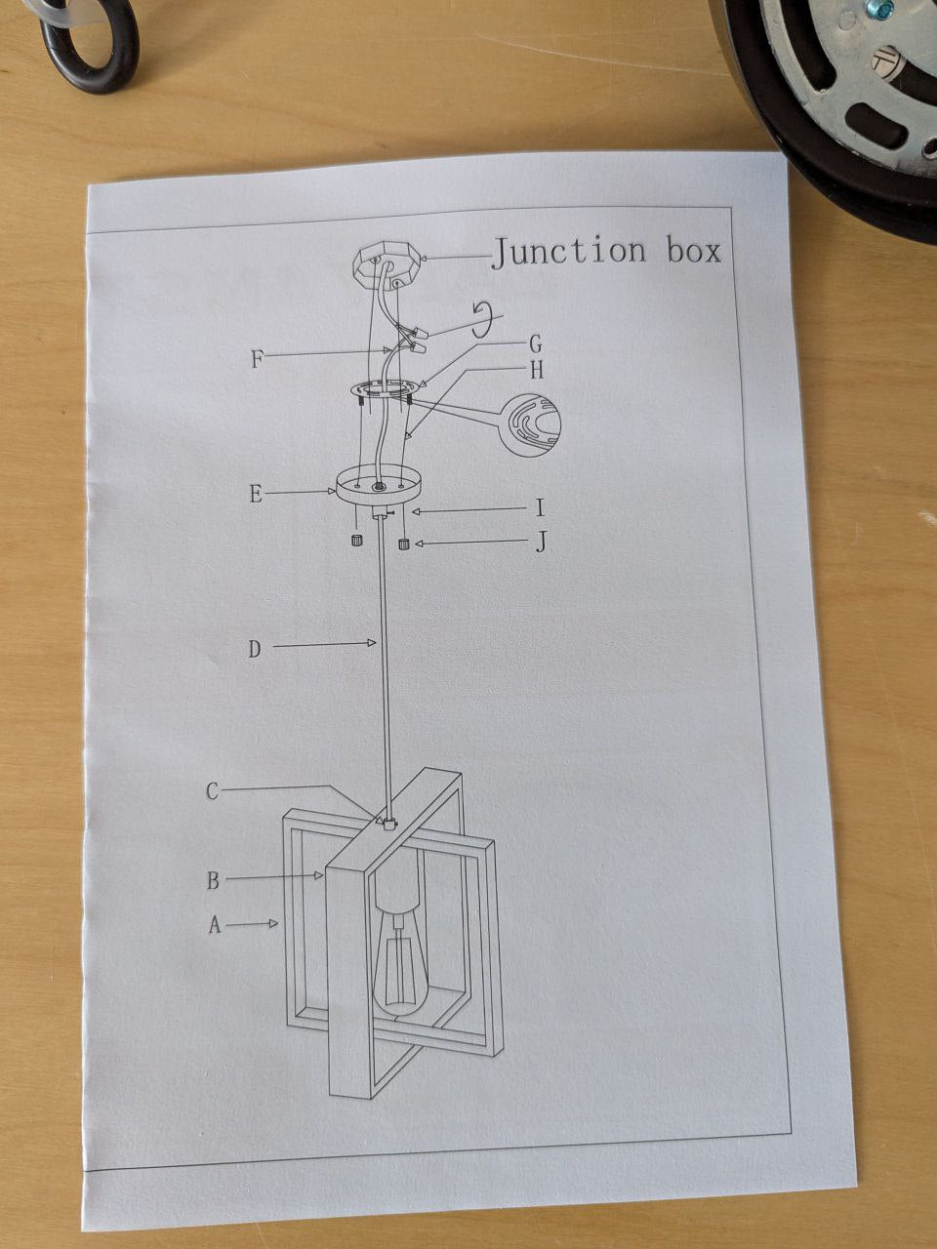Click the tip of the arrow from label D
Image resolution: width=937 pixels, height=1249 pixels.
(376, 642)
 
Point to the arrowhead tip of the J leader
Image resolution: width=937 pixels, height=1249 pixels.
(415, 544)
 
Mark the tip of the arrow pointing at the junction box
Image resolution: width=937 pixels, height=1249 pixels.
(423, 260)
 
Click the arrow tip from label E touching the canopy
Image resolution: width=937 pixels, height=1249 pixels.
(335, 491)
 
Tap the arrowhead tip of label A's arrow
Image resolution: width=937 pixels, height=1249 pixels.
(278, 922)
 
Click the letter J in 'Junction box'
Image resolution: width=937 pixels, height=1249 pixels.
(502, 253)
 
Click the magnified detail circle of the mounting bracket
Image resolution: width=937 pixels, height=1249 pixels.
(531, 424)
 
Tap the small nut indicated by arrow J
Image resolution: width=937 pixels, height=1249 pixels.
(404, 544)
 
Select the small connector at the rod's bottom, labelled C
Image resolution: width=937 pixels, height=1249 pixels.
(389, 824)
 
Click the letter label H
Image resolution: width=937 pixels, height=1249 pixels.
(537, 370)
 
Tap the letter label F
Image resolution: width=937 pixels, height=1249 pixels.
(257, 359)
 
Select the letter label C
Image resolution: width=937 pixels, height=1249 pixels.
(212, 791)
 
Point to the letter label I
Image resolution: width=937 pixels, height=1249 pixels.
(540, 507)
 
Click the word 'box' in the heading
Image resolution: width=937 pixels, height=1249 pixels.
(694, 251)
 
